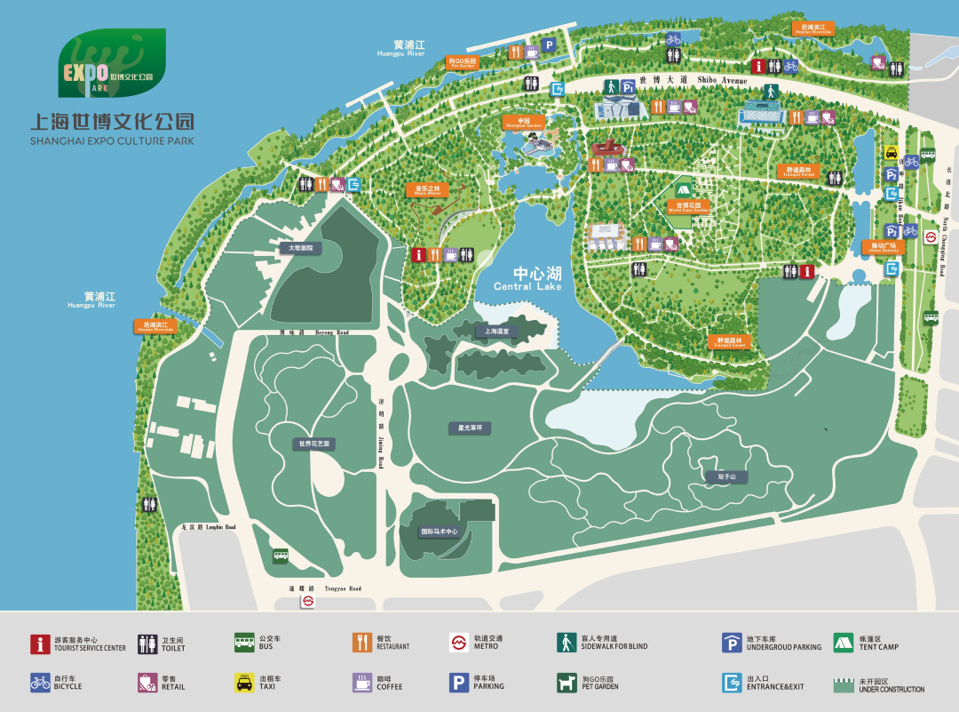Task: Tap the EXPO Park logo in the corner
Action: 112,63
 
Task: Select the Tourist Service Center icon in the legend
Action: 40,643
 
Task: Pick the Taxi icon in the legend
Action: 244,683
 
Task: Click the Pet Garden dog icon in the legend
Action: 567,683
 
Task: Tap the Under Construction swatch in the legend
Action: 843,684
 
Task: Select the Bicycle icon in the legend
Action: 40,683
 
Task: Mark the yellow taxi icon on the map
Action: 891,152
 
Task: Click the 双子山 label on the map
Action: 715,477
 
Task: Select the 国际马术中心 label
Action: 440,532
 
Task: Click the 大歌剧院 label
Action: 297,248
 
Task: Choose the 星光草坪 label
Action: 470,428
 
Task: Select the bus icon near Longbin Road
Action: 281,556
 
